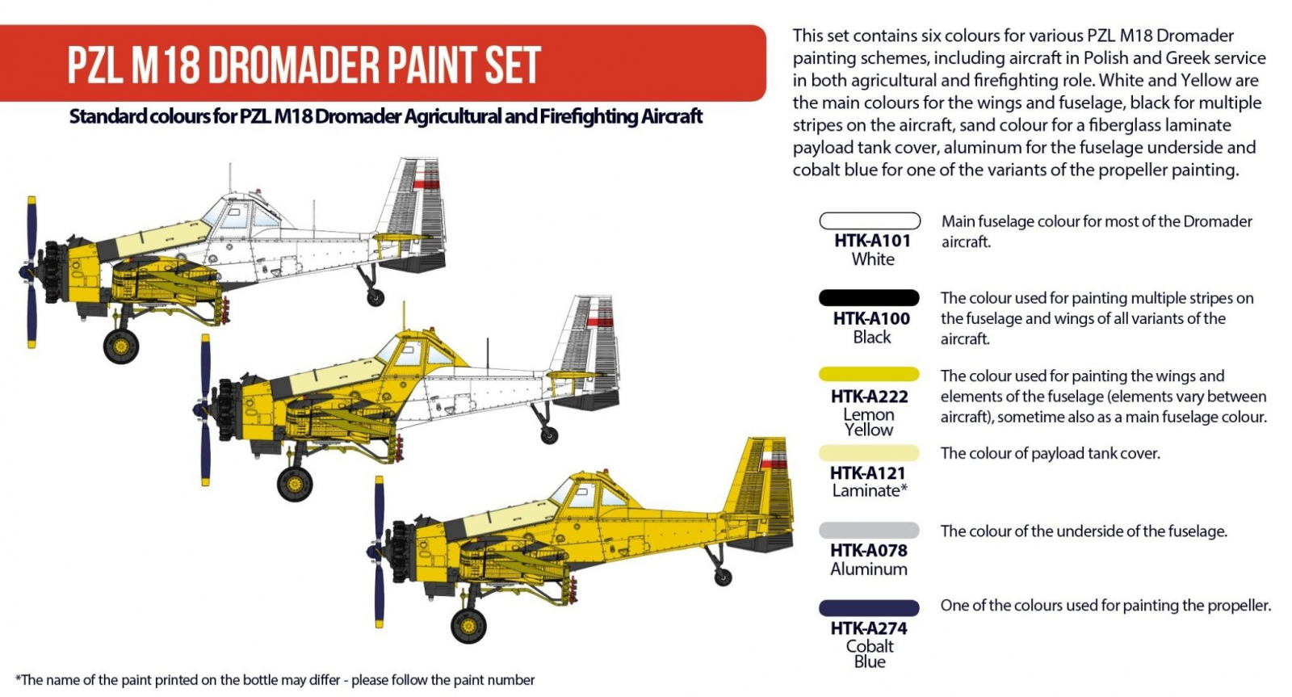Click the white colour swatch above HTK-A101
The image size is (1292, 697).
pyautogui.click(x=870, y=221)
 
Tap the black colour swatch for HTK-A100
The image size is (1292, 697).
pyautogui.click(x=869, y=298)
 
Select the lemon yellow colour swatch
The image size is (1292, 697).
pyautogui.click(x=869, y=375)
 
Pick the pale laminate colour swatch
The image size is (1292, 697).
pyautogui.click(x=869, y=452)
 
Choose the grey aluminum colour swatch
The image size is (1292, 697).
pyautogui.click(x=869, y=530)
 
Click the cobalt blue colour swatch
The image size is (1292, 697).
pyautogui.click(x=869, y=607)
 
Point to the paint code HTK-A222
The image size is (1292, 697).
pyautogui.click(x=869, y=397)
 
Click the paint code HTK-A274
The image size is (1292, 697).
pyautogui.click(x=869, y=628)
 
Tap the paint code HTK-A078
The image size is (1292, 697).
pyautogui.click(x=869, y=551)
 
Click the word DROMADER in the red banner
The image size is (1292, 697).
pyautogui.click(x=294, y=64)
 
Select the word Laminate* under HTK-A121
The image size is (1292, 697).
pyautogui.click(x=870, y=490)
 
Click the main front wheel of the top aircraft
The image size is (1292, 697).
pyautogui.click(x=121, y=346)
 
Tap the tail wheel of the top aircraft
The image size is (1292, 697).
pyautogui.click(x=375, y=298)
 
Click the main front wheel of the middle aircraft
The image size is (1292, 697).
pyautogui.click(x=295, y=484)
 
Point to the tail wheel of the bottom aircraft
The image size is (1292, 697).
pyautogui.click(x=723, y=577)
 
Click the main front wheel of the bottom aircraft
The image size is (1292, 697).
pyautogui.click(x=468, y=625)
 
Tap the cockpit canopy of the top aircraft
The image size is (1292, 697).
pyautogui.click(x=245, y=213)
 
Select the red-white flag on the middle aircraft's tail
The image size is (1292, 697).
pyautogui.click(x=600, y=320)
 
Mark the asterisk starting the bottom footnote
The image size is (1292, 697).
pyautogui.click(x=18, y=678)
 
